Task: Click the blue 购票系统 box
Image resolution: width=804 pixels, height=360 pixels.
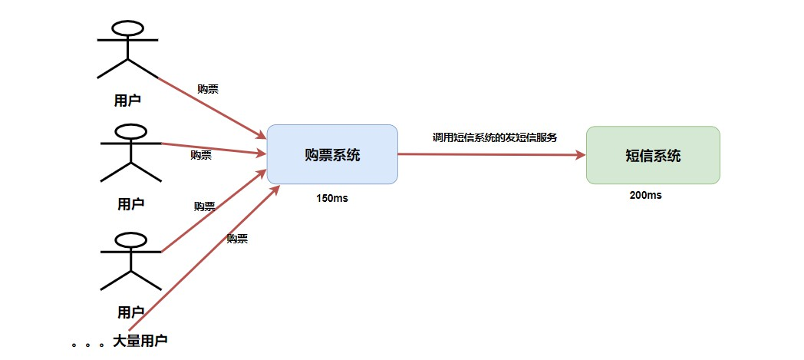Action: (x=332, y=154)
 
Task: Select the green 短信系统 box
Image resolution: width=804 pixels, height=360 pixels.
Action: (x=653, y=155)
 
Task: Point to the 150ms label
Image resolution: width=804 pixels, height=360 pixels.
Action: (x=332, y=198)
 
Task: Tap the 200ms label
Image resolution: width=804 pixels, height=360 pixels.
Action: (x=645, y=195)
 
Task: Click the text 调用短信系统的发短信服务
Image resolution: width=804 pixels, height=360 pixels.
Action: (x=494, y=137)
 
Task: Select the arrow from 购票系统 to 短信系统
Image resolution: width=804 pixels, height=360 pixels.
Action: (x=491, y=154)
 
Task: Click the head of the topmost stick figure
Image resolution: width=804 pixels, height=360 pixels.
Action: (x=127, y=28)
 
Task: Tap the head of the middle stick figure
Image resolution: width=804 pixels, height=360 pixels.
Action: (x=130, y=132)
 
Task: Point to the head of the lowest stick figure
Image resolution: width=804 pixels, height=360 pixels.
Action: (x=130, y=240)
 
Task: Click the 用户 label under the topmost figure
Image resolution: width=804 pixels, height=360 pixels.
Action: (x=127, y=100)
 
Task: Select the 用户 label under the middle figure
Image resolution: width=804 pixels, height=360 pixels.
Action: (x=130, y=204)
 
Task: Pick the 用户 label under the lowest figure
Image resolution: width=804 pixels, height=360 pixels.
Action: (x=130, y=312)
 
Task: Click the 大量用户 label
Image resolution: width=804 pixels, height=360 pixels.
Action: (x=140, y=340)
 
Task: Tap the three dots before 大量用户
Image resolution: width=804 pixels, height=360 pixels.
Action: (x=87, y=345)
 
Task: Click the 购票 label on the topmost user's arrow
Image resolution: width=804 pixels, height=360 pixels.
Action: (x=208, y=89)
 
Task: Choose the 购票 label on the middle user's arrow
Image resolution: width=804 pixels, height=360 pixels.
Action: (x=201, y=155)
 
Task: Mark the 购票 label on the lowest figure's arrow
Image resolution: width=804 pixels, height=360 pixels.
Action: (x=205, y=206)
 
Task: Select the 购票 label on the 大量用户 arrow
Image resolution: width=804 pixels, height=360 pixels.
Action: (x=237, y=239)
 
